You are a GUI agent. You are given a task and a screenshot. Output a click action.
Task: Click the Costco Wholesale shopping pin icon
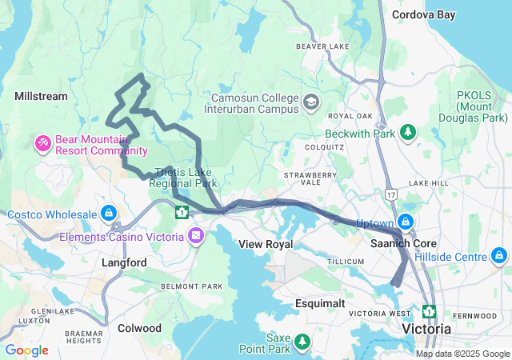click(108, 214)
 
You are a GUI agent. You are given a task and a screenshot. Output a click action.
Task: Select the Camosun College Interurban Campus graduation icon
click(310, 102)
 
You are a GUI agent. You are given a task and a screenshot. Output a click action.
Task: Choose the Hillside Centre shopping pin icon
click(499, 256)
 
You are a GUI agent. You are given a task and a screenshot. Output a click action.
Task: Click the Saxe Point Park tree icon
click(302, 342)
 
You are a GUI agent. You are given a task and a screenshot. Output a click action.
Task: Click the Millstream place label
click(41, 96)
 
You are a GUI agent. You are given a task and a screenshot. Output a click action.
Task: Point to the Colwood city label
click(139, 328)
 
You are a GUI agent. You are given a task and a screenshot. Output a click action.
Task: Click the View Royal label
click(266, 243)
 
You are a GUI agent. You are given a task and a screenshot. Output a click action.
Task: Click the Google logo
click(26, 350)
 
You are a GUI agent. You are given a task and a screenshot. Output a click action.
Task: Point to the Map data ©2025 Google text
click(462, 354)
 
